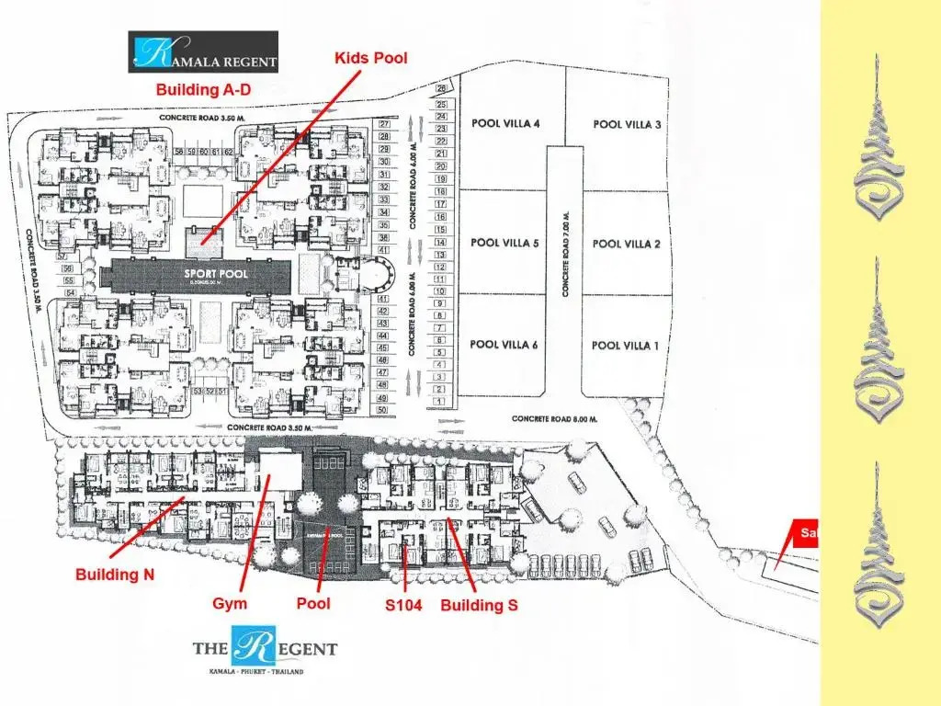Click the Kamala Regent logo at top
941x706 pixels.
(x=203, y=52)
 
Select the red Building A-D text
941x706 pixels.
(x=203, y=90)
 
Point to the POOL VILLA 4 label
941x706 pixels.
(x=505, y=123)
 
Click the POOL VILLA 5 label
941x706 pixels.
(x=505, y=244)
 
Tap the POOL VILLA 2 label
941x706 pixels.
(x=627, y=244)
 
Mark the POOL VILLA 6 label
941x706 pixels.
(x=505, y=345)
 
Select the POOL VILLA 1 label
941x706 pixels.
(x=626, y=346)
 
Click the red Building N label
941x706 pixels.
(x=115, y=575)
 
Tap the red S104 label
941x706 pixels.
(x=403, y=605)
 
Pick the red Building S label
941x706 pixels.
(x=479, y=605)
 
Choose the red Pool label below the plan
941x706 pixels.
(x=313, y=604)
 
